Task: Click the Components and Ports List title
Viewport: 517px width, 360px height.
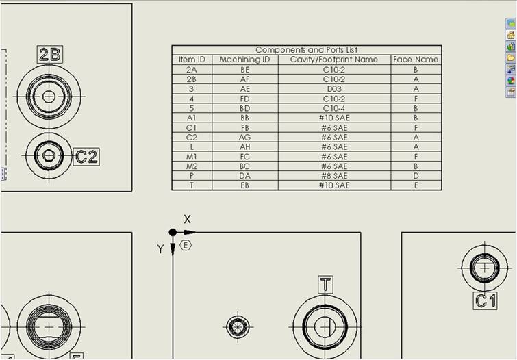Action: (306, 50)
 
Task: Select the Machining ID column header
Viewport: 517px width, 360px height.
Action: (244, 60)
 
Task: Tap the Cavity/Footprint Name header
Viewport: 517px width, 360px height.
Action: (334, 60)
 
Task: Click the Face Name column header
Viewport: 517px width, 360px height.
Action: (416, 60)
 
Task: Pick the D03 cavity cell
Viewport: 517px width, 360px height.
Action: (334, 89)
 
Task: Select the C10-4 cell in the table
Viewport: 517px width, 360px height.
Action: (334, 108)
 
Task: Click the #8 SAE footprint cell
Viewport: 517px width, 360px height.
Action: (334, 176)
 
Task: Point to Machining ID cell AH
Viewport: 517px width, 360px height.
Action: (245, 147)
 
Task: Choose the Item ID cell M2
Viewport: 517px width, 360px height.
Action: (192, 166)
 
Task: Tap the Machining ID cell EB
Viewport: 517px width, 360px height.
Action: (244, 185)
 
